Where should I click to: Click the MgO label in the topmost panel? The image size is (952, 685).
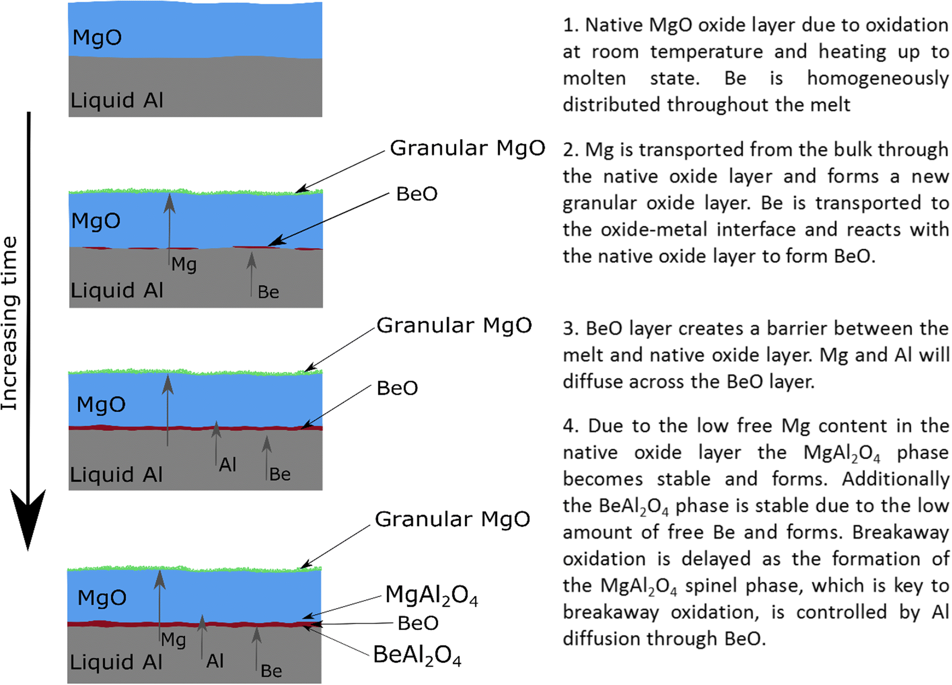pos(97,38)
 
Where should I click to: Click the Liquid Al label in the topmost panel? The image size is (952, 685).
pos(117,100)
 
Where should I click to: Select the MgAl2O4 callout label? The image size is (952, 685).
pos(431,595)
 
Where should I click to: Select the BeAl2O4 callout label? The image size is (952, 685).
pos(417,655)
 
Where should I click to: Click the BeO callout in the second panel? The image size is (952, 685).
pos(417,194)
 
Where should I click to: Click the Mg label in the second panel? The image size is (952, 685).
pos(184,264)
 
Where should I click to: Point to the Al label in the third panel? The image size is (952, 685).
pos(228,465)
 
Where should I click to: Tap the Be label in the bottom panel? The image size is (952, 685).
pos(271,671)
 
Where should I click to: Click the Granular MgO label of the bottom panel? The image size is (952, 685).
pos(452,519)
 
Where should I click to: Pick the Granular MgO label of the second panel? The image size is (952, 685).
pos(467,148)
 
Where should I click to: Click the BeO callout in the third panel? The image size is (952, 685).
pos(398,388)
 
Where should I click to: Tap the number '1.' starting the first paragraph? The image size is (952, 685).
pos(571,25)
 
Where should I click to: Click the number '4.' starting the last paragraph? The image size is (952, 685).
pos(571,426)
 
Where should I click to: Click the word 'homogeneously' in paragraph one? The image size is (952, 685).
pos(877,78)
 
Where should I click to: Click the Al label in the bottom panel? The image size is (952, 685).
pos(215,661)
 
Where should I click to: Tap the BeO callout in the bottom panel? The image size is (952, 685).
pos(418,623)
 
